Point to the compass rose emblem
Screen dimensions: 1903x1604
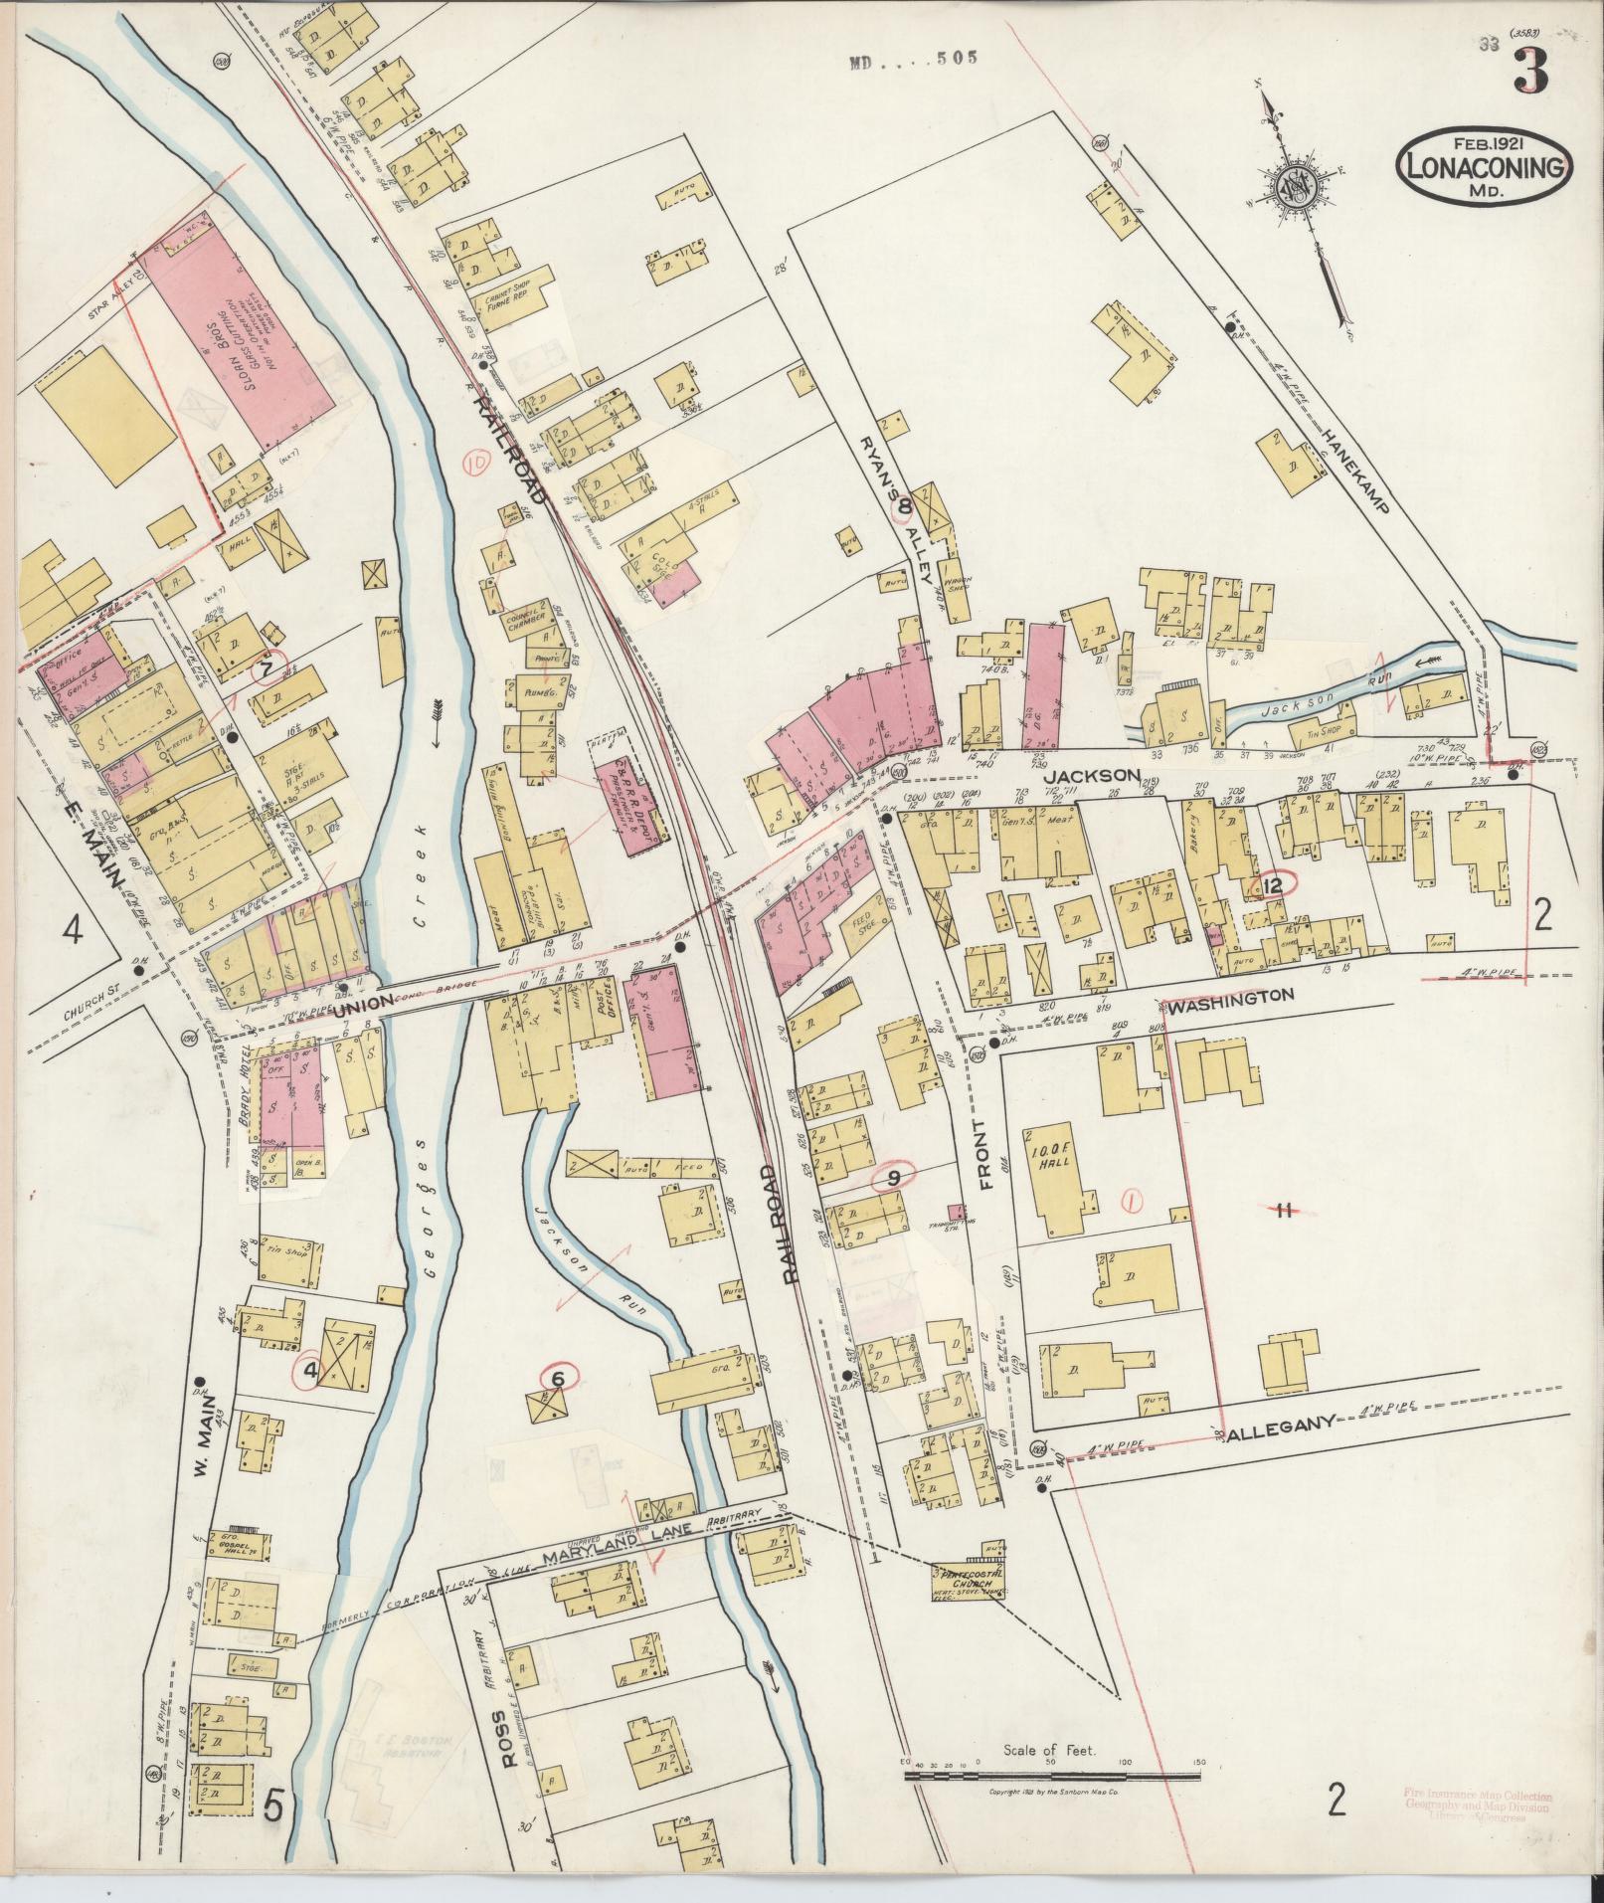[x=1294, y=185]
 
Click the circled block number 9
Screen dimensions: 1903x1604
[x=893, y=1178]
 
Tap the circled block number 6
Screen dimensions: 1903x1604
[x=557, y=1378]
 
